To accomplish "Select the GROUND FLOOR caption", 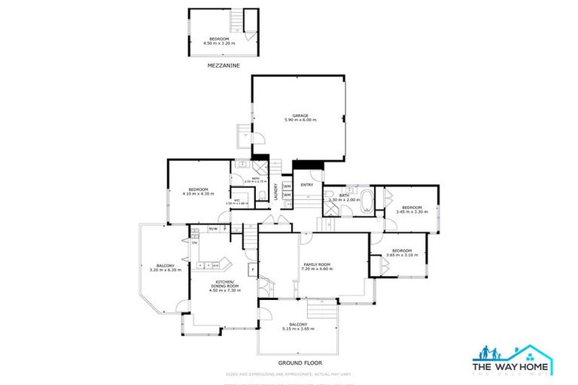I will click(x=296, y=362).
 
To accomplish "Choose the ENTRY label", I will click(x=306, y=184).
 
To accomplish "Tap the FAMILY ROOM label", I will click(x=317, y=264).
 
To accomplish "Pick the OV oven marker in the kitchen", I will click(x=194, y=243).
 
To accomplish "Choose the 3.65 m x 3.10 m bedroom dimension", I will click(x=401, y=255).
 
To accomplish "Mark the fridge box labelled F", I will click(x=253, y=269).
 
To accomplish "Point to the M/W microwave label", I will click(x=213, y=229).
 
